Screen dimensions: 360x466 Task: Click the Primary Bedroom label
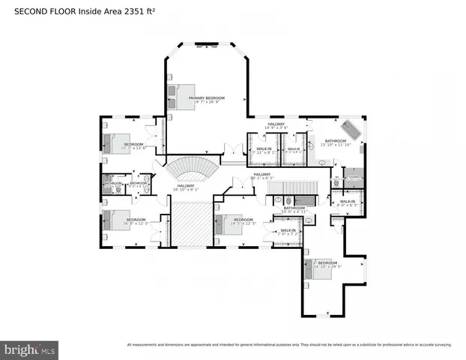207,100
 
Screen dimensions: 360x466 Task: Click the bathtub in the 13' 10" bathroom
351,128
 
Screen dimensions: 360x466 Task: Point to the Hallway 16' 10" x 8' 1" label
186,187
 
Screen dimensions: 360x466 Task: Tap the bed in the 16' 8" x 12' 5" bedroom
117,220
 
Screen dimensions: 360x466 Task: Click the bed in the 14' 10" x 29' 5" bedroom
319,268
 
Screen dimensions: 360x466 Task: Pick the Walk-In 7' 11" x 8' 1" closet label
264,150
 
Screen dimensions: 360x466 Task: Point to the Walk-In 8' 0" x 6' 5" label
347,202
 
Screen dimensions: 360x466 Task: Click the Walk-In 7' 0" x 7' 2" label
288,232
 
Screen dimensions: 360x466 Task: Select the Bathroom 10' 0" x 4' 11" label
294,209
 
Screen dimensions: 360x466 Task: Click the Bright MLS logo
30,349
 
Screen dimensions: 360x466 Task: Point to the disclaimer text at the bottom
289,345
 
